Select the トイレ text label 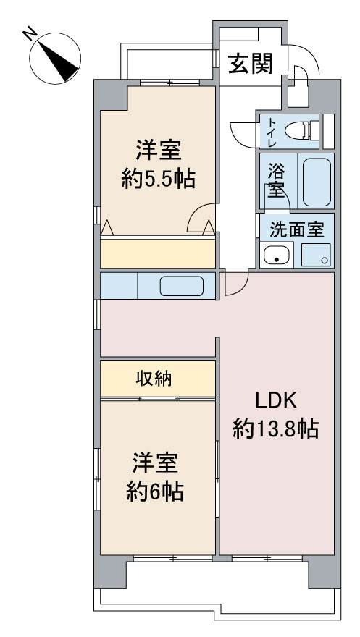point(272,131)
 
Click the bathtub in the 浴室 point(316,182)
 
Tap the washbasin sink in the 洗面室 point(276,256)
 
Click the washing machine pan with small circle point(316,255)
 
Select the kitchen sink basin point(181,286)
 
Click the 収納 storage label point(154,379)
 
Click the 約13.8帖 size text point(275,429)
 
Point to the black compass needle point(61,61)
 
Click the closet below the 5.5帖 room point(158,253)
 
